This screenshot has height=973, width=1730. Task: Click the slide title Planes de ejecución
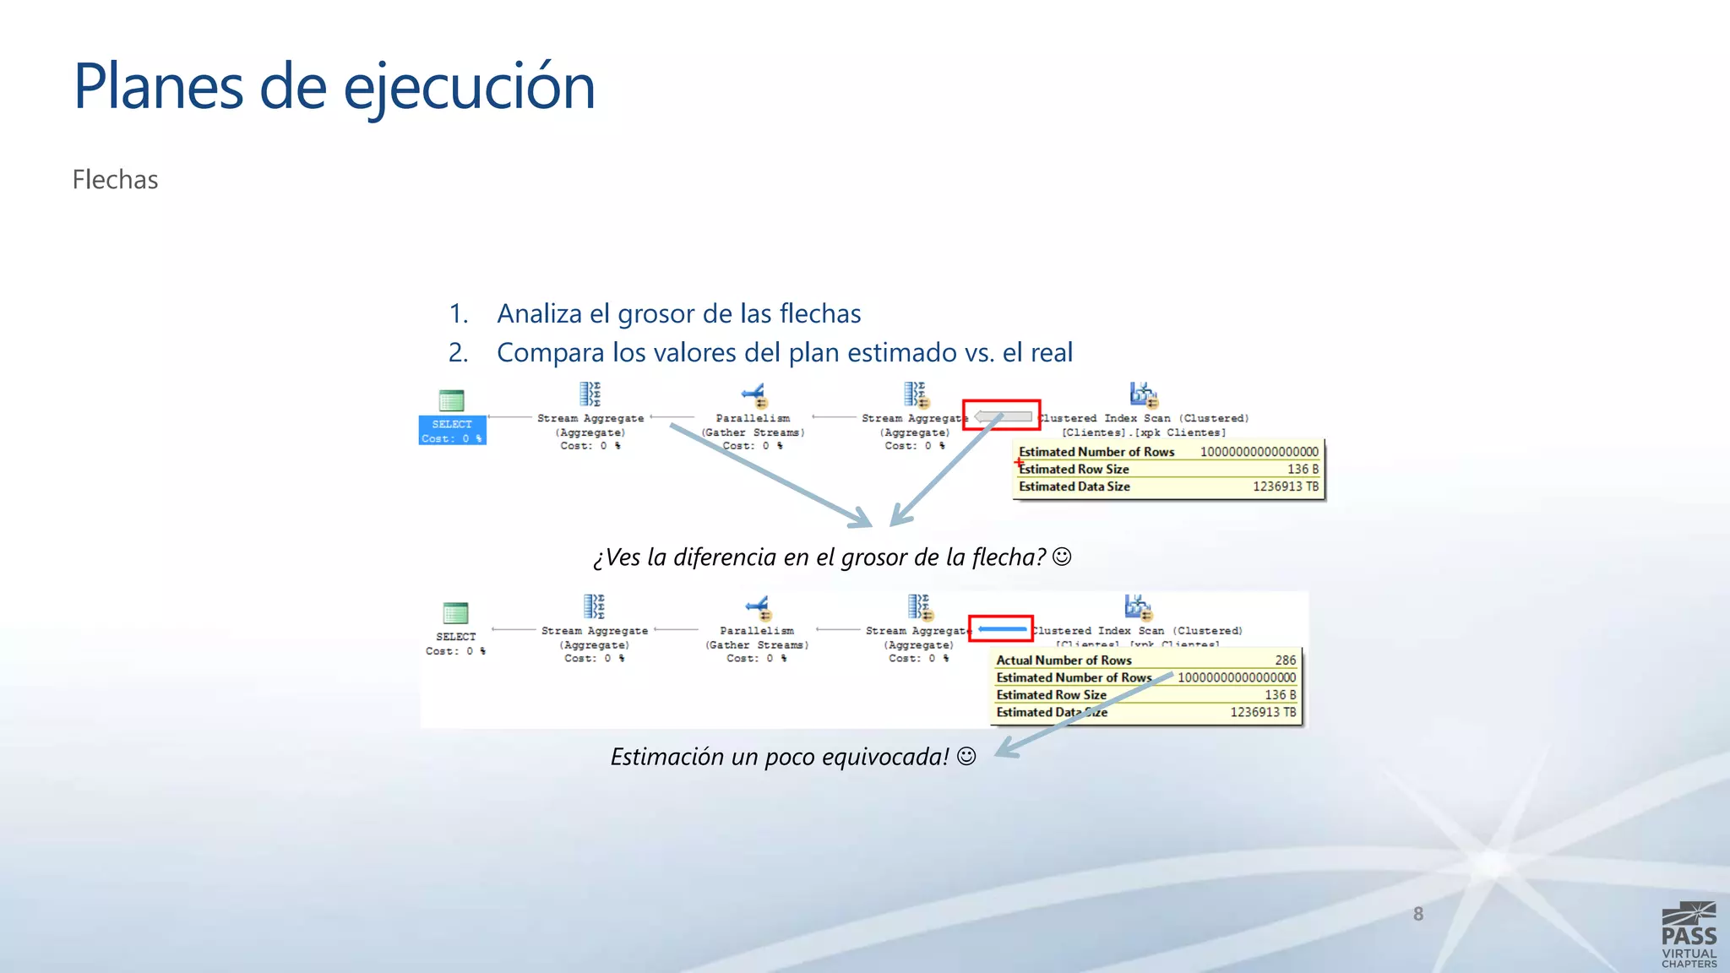coord(335,87)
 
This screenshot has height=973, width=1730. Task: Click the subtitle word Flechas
coord(115,180)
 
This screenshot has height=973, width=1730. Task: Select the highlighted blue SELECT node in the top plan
coord(452,430)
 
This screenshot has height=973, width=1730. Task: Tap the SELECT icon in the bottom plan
coord(455,613)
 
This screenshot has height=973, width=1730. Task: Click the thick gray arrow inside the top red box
coord(1003,416)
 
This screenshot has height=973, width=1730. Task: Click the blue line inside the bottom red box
coord(1002,629)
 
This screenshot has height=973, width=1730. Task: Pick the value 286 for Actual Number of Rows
coord(1285,660)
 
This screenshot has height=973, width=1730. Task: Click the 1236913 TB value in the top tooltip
coord(1285,486)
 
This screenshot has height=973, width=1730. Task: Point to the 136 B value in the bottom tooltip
coord(1280,695)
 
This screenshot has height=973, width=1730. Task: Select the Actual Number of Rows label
coord(1064,660)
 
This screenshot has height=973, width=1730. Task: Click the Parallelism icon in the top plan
coord(753,395)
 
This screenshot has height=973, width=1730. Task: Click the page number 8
coord(1418,914)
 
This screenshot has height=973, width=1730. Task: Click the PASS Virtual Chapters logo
coord(1689,934)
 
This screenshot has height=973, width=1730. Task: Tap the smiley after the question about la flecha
coord(1063,557)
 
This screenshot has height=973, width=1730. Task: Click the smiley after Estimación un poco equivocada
coord(966,756)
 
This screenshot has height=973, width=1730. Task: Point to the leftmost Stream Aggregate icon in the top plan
coord(590,394)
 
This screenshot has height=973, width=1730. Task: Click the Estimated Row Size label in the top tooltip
coord(1074,470)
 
